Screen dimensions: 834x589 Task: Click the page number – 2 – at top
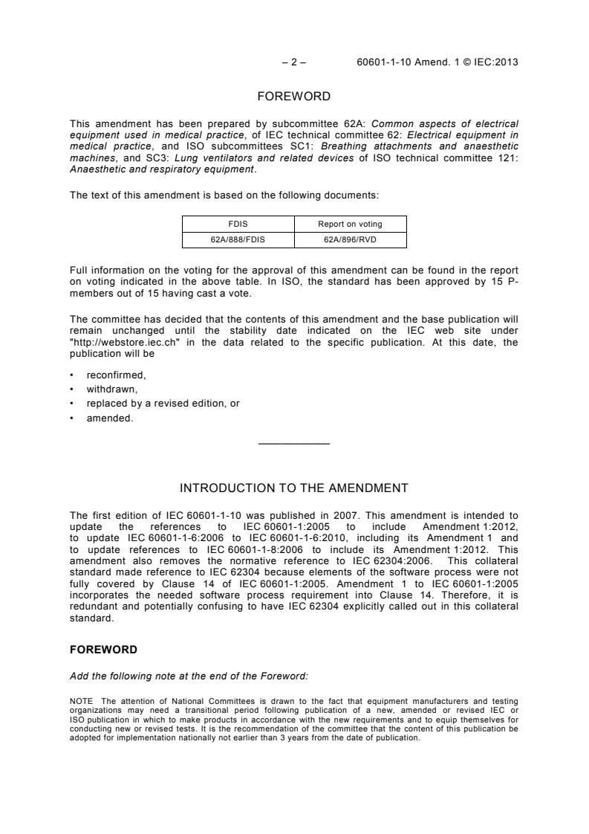[294, 62]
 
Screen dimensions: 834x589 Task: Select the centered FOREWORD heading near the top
[294, 96]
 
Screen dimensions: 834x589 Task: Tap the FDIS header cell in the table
[238, 223]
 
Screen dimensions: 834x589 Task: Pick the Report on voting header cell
[351, 223]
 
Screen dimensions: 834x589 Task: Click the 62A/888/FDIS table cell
[238, 239]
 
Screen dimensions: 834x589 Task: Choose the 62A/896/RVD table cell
[351, 239]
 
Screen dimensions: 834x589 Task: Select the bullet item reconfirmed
[117, 375]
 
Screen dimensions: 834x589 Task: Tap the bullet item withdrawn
[112, 389]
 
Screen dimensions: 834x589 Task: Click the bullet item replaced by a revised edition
[163, 404]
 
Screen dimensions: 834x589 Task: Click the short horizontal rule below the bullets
[294, 445]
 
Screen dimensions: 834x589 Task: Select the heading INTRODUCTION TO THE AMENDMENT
[294, 488]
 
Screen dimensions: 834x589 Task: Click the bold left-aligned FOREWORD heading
[103, 650]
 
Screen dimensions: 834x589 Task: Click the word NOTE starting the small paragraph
[81, 700]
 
